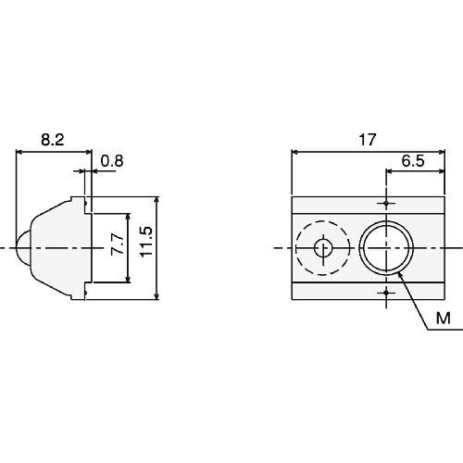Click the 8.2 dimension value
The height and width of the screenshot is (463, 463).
53,140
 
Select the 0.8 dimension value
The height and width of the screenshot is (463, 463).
111,160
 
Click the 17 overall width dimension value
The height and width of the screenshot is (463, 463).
367,140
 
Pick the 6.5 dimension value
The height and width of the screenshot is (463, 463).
413,160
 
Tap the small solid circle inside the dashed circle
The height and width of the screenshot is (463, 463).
323,248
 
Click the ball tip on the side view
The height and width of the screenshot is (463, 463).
19,247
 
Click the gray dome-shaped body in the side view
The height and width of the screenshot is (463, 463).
56,247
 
